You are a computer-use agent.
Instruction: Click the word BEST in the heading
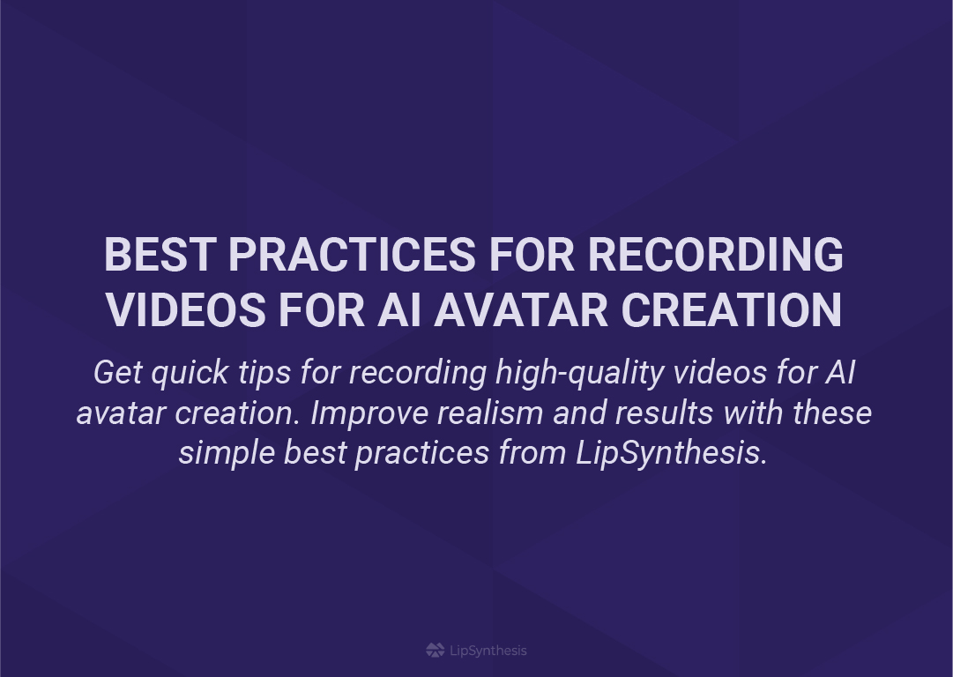[x=160, y=254]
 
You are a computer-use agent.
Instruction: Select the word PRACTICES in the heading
[x=352, y=254]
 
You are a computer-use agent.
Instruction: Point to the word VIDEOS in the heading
[x=186, y=310]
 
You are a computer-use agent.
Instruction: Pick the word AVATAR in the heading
[x=521, y=310]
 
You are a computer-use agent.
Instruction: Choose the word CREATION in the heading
[x=731, y=310]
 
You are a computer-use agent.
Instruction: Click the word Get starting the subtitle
[x=118, y=372]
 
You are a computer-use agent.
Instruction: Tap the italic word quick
[x=190, y=373]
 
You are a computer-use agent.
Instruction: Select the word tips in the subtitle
[x=264, y=373]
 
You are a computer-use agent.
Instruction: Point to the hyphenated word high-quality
[x=579, y=373]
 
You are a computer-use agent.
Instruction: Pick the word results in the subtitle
[x=664, y=413]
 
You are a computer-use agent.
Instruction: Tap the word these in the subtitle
[x=832, y=413]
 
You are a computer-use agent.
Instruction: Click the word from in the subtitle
[x=532, y=453]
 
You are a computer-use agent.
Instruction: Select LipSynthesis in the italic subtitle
[x=672, y=454]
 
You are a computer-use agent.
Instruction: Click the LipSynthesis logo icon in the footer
[x=436, y=651]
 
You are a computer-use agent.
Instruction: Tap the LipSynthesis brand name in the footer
[x=488, y=651]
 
